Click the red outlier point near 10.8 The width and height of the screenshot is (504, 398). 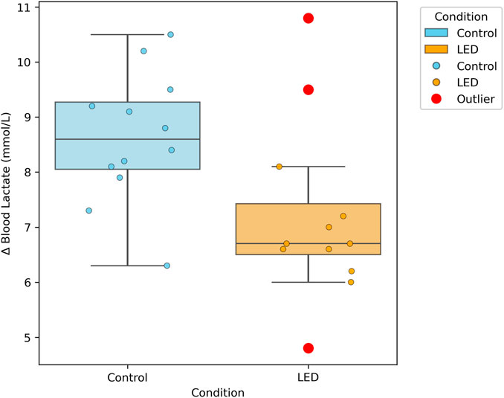308,18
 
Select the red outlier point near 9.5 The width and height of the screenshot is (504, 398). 308,89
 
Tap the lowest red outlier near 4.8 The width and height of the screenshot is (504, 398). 308,348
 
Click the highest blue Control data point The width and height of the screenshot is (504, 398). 170,34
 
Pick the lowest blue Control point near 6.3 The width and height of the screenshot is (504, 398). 167,266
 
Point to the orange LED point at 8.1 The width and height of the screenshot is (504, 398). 280,167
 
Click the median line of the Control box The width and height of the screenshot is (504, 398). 127,139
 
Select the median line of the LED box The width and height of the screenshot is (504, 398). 308,243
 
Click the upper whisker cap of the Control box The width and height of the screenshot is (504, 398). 127,34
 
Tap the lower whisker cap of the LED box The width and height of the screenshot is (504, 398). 308,282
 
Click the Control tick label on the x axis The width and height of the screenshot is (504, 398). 127,377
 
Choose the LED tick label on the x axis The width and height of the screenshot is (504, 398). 308,377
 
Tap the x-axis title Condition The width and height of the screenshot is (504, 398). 217,391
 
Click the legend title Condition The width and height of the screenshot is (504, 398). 462,16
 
